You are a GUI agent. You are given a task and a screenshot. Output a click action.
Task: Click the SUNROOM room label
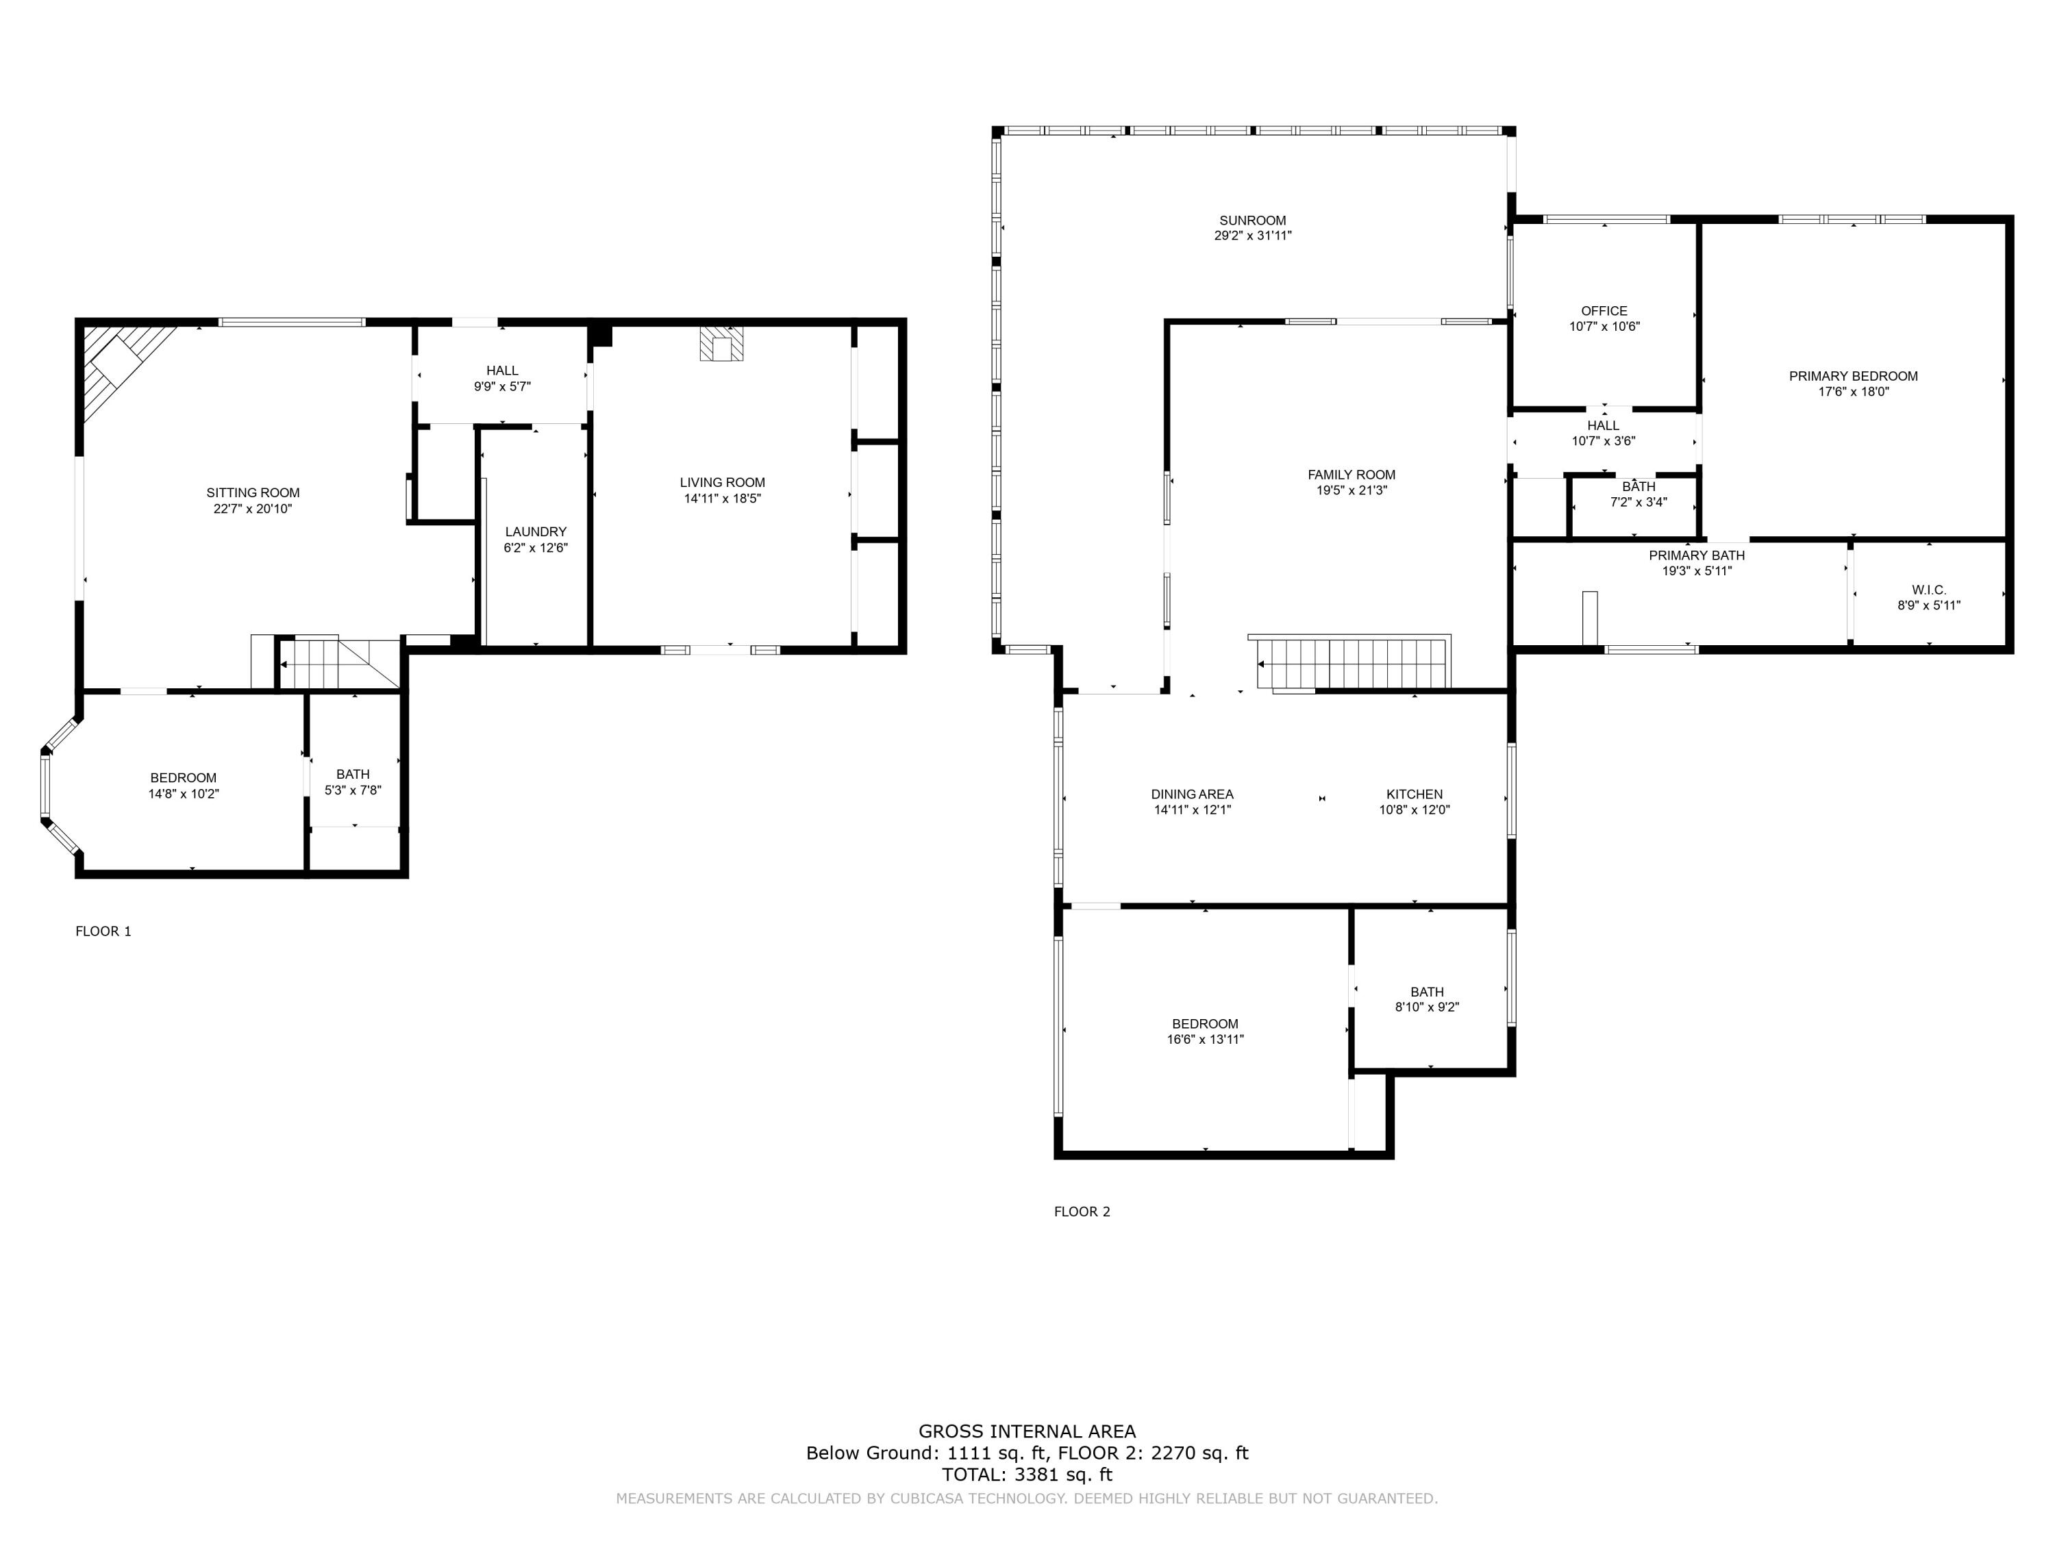[1252, 220]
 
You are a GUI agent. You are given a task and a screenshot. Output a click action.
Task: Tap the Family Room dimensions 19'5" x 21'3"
[1351, 490]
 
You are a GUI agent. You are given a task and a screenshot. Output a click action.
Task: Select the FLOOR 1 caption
[103, 931]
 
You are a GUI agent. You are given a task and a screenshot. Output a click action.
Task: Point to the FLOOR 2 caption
[1082, 1212]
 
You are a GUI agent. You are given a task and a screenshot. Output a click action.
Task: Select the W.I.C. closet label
[1929, 590]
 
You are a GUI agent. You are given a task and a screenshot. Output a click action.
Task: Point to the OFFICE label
[1604, 311]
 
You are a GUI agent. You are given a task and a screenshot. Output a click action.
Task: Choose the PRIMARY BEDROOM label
[1852, 376]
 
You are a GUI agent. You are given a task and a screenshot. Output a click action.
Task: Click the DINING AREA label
[1192, 794]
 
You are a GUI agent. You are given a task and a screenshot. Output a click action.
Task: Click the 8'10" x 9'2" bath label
[1427, 1007]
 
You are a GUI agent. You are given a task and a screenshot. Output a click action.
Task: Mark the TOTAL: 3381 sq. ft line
[1027, 1474]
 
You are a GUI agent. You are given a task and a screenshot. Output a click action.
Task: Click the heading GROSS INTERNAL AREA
[1027, 1431]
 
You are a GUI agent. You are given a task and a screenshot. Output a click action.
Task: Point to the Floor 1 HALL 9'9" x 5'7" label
[501, 378]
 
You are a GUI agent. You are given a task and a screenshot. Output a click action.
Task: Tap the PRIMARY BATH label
[1696, 555]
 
